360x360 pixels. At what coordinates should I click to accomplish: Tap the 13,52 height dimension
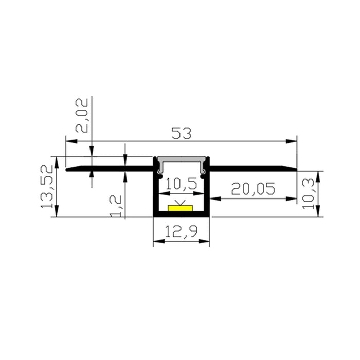[x=47, y=186]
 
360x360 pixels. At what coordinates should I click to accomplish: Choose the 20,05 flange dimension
[x=253, y=189]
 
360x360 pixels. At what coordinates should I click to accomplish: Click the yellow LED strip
[x=181, y=208]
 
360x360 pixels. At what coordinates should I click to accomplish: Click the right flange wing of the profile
[x=252, y=168]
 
